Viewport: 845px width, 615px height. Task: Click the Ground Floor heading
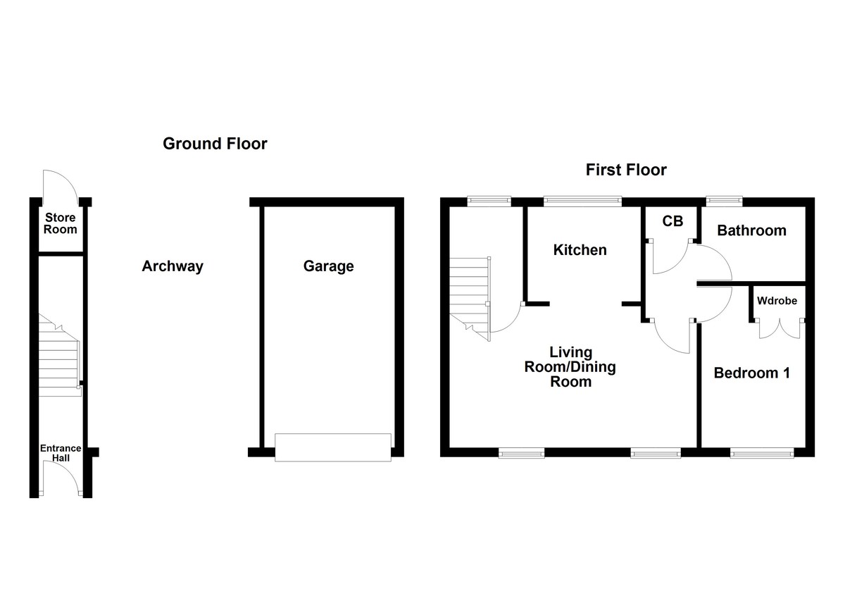(215, 144)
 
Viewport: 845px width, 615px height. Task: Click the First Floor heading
(626, 170)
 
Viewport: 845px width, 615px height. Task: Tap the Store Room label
(61, 224)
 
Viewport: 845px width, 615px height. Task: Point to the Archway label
(173, 266)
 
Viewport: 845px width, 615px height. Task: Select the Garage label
(328, 266)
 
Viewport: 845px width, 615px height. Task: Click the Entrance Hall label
(61, 453)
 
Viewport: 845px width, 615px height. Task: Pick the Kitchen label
(580, 250)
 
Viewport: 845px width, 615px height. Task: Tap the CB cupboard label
(672, 221)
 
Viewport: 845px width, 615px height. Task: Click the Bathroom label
(751, 230)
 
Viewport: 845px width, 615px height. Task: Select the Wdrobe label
(777, 301)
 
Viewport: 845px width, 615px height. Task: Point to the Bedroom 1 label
(751, 373)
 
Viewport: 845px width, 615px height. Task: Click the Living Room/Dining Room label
(570, 366)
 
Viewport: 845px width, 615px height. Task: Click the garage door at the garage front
(332, 447)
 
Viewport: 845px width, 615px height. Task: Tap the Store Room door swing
(60, 185)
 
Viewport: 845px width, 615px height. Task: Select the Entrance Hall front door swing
(60, 478)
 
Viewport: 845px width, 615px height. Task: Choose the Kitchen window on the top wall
(582, 201)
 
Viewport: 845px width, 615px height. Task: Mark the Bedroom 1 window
(762, 453)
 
